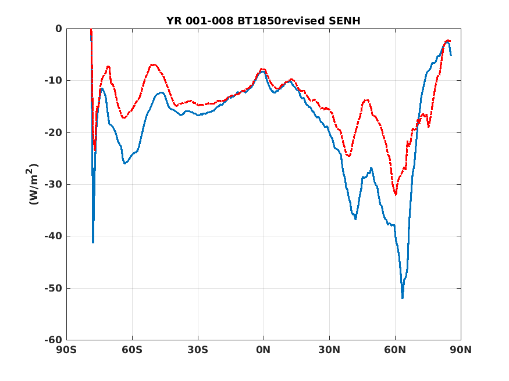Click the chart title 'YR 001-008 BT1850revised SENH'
[263, 21]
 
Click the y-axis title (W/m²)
[34, 184]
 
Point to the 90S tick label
[66, 350]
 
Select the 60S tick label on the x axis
[132, 350]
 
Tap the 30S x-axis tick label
[198, 350]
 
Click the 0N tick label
[264, 350]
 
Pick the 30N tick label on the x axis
[329, 350]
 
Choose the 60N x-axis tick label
[395, 350]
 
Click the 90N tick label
[461, 350]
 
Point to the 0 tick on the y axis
[58, 28]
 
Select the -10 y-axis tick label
[54, 80]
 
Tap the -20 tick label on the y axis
[54, 132]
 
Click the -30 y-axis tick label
[54, 184]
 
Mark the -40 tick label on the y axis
[54, 236]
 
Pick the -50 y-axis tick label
[54, 288]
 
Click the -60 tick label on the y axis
[54, 340]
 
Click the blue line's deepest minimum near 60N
[402, 298]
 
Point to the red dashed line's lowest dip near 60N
[396, 195]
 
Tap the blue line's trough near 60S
[125, 163]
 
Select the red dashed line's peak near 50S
[153, 64]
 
